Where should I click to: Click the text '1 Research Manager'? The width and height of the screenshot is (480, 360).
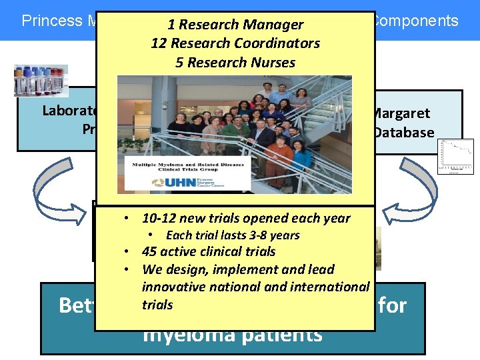click(235, 25)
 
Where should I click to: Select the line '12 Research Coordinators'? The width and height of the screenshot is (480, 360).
click(235, 43)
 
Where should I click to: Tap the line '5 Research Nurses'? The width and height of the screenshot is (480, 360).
click(235, 62)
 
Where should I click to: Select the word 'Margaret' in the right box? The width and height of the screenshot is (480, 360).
click(401, 113)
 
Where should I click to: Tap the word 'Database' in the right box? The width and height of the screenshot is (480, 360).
click(404, 132)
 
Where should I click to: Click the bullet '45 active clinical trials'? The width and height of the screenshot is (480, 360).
click(209, 251)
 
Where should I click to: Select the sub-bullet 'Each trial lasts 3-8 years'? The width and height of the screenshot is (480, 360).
click(233, 235)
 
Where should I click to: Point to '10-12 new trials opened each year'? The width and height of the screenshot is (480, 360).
click(246, 218)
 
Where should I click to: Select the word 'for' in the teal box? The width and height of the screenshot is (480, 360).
click(396, 305)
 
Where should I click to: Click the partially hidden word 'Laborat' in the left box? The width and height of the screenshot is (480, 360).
click(67, 110)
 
